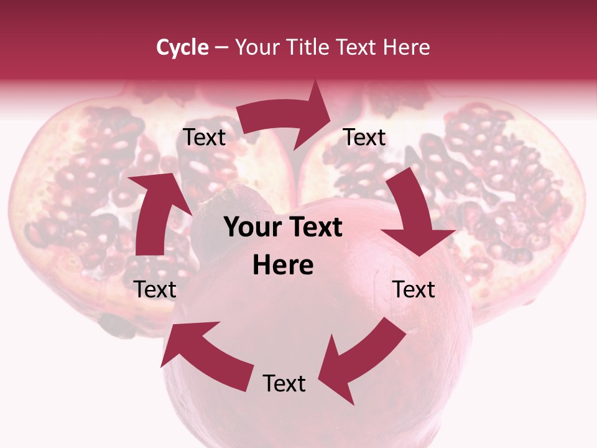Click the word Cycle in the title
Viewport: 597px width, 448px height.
pyautogui.click(x=182, y=47)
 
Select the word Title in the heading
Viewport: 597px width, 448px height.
pyautogui.click(x=307, y=47)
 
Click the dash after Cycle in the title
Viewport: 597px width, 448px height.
pyautogui.click(x=221, y=47)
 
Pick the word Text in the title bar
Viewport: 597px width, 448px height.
pyautogui.click(x=357, y=47)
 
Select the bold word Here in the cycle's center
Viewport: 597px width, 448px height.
pyautogui.click(x=283, y=266)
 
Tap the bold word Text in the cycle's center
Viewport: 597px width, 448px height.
pyautogui.click(x=314, y=228)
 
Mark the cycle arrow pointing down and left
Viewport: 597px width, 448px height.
pyautogui.click(x=361, y=361)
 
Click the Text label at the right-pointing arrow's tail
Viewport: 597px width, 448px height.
pyautogui.click(x=205, y=138)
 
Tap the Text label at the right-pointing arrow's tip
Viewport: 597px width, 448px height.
pyautogui.click(x=364, y=138)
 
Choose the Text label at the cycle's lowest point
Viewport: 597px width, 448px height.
pyautogui.click(x=284, y=384)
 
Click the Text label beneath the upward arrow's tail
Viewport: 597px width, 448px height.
pyautogui.click(x=155, y=290)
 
